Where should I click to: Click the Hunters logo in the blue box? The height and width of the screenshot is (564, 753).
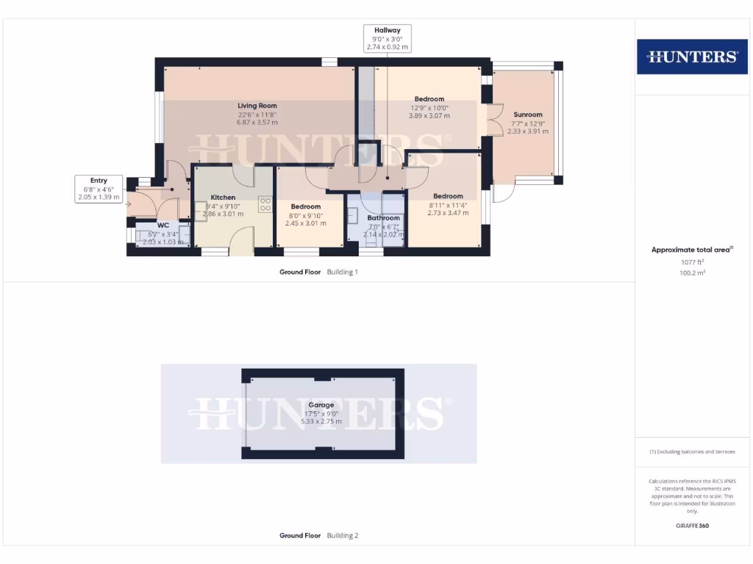click(691, 57)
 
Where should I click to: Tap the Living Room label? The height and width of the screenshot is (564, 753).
click(257, 106)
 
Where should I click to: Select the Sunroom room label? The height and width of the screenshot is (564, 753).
click(528, 115)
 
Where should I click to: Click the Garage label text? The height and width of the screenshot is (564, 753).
click(321, 405)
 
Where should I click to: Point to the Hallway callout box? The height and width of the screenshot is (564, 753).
click(388, 38)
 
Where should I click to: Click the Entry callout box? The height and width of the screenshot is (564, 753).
click(99, 189)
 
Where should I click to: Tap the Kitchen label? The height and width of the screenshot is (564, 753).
click(223, 198)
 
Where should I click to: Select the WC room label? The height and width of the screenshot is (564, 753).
click(163, 225)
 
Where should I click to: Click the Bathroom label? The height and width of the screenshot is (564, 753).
click(384, 218)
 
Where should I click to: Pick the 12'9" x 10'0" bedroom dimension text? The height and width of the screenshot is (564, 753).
click(429, 107)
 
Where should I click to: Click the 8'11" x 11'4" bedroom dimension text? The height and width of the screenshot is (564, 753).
click(448, 205)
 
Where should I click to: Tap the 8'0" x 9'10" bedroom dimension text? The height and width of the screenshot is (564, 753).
click(305, 215)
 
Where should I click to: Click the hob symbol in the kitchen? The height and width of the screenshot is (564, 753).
click(265, 206)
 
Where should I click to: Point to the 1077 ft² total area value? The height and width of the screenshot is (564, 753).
click(691, 261)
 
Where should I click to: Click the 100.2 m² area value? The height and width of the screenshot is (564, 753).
click(691, 272)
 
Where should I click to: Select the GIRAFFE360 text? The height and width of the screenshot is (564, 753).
click(692, 526)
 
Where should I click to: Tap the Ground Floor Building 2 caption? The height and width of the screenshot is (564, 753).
click(318, 535)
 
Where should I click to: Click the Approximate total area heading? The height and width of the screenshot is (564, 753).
click(691, 250)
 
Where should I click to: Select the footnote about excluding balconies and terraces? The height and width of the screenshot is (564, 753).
click(691, 452)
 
